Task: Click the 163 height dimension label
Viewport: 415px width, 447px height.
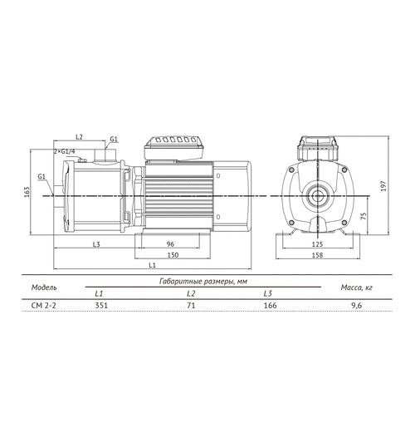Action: [x=27, y=192]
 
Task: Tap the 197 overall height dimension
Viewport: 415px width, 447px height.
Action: [x=383, y=186]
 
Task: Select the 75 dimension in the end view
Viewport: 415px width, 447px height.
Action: [x=364, y=216]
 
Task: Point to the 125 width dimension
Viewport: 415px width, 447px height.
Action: [x=317, y=244]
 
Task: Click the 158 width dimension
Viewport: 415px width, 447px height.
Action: [x=317, y=255]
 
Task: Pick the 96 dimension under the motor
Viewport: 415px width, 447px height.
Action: [x=170, y=244]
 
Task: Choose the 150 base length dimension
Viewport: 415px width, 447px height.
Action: [x=173, y=255]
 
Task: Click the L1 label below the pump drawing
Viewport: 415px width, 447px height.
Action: [x=153, y=265]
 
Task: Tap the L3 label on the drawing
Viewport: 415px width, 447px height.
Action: [x=96, y=244]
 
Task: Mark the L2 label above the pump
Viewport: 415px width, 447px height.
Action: [x=79, y=137]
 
